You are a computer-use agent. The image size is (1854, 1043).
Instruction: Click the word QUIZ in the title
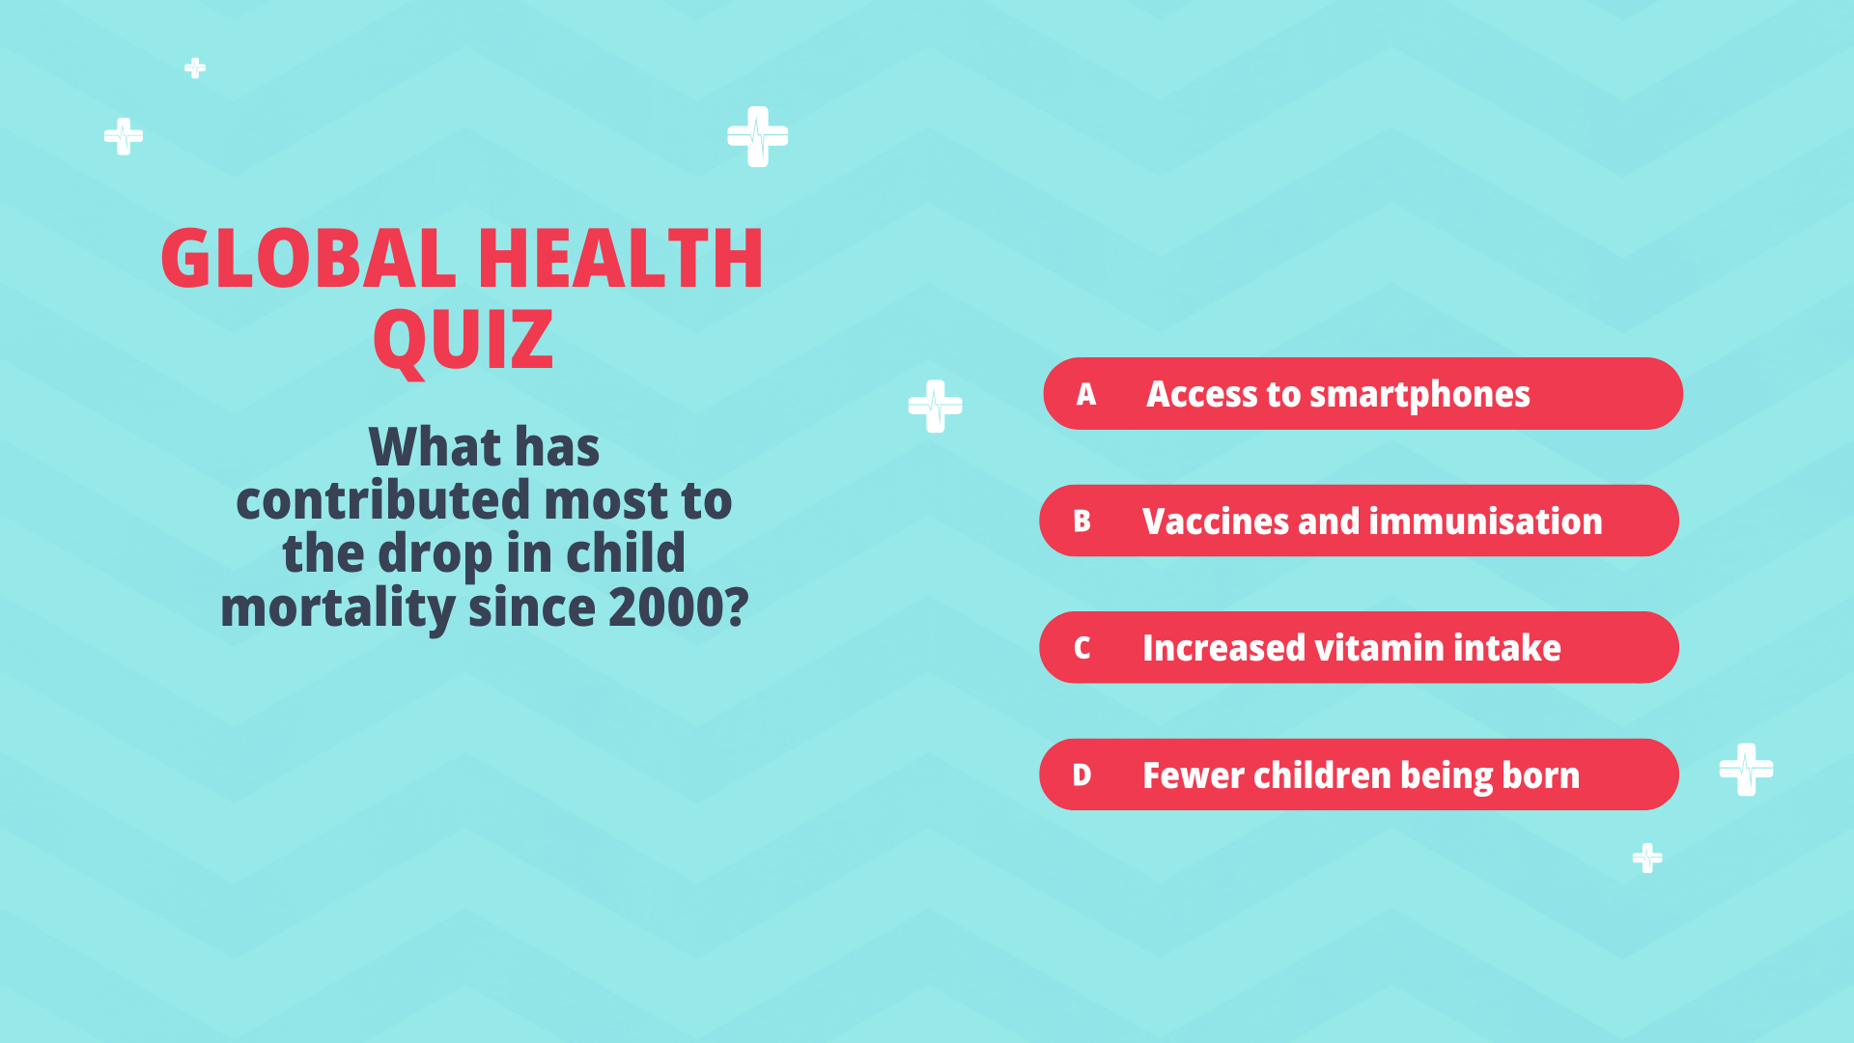463,341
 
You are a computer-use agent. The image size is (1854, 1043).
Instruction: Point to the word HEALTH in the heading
621,258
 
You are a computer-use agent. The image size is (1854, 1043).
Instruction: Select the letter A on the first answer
1086,394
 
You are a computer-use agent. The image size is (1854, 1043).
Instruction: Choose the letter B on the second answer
1082,521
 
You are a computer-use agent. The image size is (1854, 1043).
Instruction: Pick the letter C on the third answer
1082,648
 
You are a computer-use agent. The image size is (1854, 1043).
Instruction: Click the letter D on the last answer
1082,775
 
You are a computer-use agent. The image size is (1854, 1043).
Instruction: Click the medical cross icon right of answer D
1747,770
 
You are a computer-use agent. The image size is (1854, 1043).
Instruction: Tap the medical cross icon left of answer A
936,407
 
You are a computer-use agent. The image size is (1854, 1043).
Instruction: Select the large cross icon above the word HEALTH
758,136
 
